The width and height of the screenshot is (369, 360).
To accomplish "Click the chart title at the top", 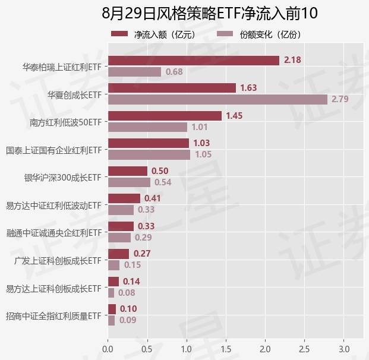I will tap(210, 13).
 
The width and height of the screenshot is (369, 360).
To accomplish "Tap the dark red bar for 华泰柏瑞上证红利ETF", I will tap(194, 60).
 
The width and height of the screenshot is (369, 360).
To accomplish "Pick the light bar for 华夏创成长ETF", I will tap(217, 99).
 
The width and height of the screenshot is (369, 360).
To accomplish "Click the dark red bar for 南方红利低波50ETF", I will tap(165, 116).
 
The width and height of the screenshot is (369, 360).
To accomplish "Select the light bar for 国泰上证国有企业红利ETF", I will tap(149, 154).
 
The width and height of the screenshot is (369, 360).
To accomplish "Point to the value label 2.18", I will tap(292, 60).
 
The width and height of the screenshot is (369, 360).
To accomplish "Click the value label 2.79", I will tap(340, 99).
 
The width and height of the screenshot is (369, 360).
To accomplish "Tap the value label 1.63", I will tap(248, 88).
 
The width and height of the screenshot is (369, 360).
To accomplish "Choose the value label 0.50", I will tap(160, 171).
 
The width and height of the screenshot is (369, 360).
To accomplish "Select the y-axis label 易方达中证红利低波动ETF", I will tap(53, 206).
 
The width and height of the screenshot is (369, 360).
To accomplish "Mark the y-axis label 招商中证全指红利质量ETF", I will tap(53, 316).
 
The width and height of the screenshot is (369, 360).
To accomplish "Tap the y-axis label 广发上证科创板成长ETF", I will tap(58, 261).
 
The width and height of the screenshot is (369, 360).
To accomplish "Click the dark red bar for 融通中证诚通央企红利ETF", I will tap(121, 226).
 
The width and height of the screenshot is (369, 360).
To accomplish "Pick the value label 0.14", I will tap(131, 282).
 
